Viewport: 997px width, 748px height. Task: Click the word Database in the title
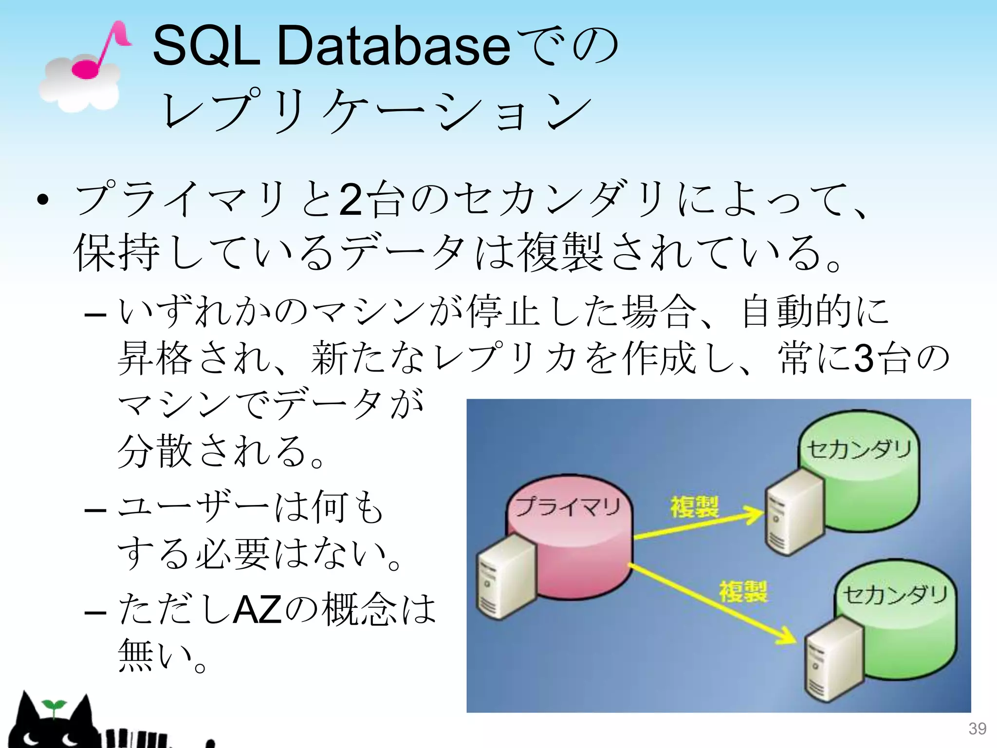pyautogui.click(x=393, y=46)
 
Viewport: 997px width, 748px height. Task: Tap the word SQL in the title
pyautogui.click(x=206, y=46)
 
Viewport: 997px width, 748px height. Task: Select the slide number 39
pyautogui.click(x=977, y=729)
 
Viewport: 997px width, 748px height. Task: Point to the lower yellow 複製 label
pyautogui.click(x=743, y=592)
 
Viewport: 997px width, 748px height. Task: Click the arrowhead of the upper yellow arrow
pyautogui.click(x=755, y=514)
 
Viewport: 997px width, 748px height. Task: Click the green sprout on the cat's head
pyautogui.click(x=53, y=705)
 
